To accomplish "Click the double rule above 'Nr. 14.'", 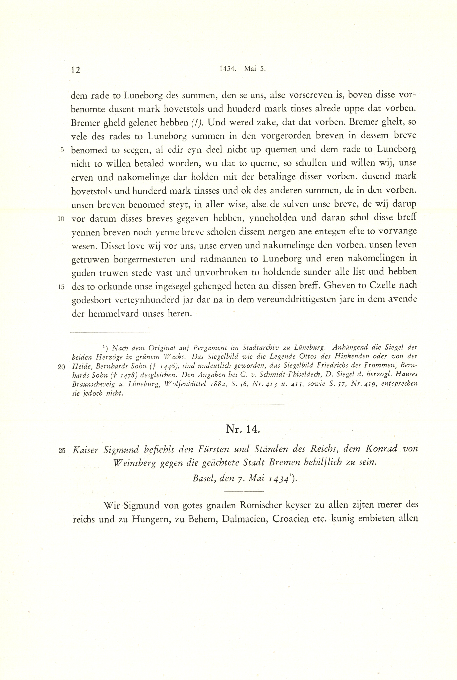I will [243, 405].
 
